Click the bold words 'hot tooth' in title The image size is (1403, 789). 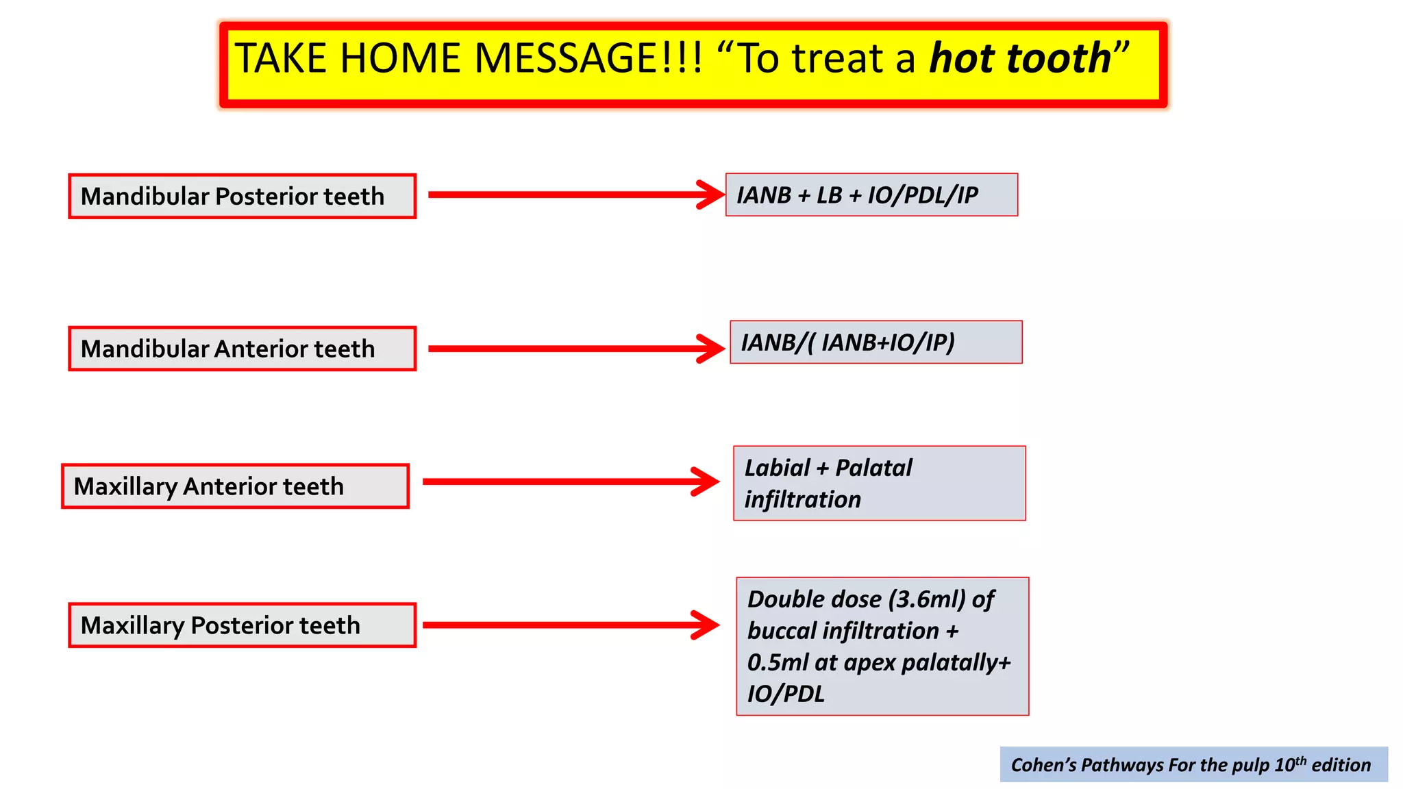click(1019, 58)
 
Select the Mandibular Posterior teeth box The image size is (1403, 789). click(242, 197)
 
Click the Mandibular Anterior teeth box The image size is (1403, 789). click(242, 349)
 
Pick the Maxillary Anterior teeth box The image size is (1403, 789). click(235, 486)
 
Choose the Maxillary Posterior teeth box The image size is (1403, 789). click(242, 625)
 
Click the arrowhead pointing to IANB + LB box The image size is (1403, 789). click(710, 195)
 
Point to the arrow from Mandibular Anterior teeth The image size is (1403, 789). click(575, 349)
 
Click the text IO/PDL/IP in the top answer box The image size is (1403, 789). click(923, 195)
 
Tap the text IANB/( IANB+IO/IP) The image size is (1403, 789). click(847, 342)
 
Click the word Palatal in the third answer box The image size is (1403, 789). click(874, 468)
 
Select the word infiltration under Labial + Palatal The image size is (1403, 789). click(802, 500)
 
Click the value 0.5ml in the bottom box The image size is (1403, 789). click(778, 662)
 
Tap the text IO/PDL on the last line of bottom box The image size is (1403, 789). click(785, 694)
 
